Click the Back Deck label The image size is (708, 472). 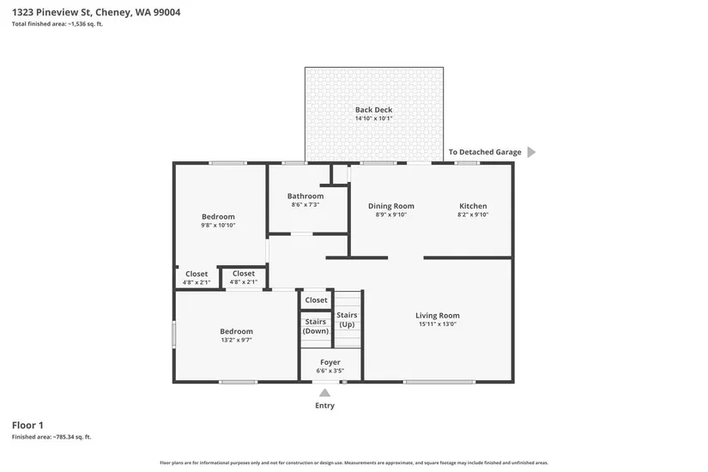click(x=373, y=110)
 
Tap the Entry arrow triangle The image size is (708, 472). click(x=324, y=392)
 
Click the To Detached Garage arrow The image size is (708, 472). click(x=531, y=152)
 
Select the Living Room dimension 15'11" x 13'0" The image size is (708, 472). click(x=438, y=324)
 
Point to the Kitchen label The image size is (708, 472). click(x=473, y=206)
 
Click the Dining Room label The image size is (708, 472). click(x=391, y=206)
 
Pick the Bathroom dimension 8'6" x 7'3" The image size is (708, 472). click(x=306, y=204)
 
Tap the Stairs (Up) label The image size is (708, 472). click(x=347, y=319)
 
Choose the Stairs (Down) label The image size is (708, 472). click(x=316, y=326)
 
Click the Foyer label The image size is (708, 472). click(x=330, y=362)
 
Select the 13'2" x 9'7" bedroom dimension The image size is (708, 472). click(x=236, y=340)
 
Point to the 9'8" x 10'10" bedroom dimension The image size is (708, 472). click(x=218, y=225)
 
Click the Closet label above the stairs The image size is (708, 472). click(x=316, y=300)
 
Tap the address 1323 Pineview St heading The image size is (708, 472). click(x=96, y=12)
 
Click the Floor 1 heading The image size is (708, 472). click(x=27, y=425)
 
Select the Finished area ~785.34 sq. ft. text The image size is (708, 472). click(x=51, y=437)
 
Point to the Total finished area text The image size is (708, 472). click(x=57, y=24)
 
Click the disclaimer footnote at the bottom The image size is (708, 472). click(x=354, y=463)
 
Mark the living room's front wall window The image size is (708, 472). click(x=439, y=382)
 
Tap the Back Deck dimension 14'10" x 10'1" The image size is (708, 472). click(x=373, y=118)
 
